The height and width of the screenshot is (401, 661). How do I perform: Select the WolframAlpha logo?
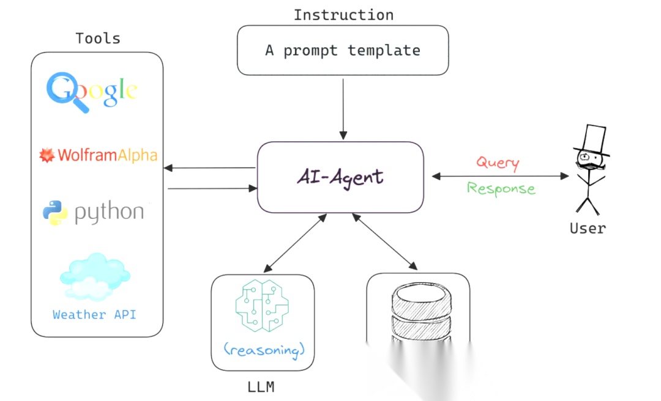(x=98, y=155)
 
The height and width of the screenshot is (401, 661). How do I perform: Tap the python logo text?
(x=109, y=212)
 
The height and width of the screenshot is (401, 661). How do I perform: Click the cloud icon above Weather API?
(x=95, y=277)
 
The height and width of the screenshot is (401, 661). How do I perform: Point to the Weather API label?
(x=94, y=315)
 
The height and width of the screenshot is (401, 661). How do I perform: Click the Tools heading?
(x=98, y=39)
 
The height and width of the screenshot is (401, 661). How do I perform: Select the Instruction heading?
(x=343, y=15)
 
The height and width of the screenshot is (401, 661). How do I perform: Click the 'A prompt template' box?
(x=343, y=50)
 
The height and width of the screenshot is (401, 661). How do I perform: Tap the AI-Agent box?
(x=340, y=177)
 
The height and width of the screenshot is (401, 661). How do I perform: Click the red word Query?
(x=498, y=163)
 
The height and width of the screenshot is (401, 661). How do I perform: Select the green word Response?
(x=501, y=188)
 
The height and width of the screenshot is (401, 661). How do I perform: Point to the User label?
(x=588, y=229)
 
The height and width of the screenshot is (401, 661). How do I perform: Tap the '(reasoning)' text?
(x=263, y=350)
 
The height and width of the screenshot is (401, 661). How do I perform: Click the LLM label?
(x=261, y=387)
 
